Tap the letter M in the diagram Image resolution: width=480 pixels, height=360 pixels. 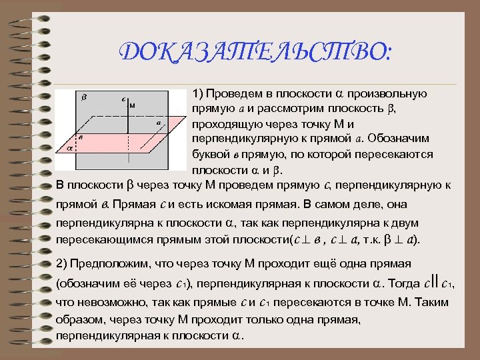click(x=133, y=105)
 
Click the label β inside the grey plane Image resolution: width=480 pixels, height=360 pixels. click(x=83, y=97)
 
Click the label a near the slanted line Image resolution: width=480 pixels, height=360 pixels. click(x=158, y=123)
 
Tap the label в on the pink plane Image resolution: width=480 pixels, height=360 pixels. click(x=81, y=136)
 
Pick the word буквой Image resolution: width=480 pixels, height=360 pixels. click(x=209, y=154)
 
